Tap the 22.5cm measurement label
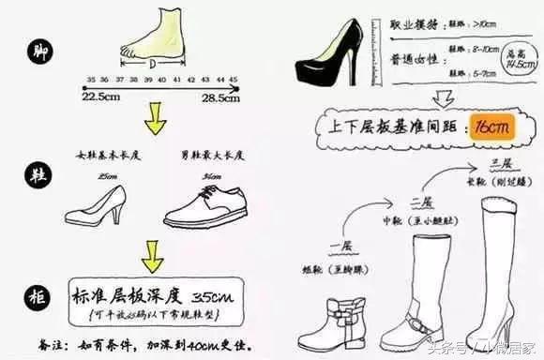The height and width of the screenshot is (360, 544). [100, 97]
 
